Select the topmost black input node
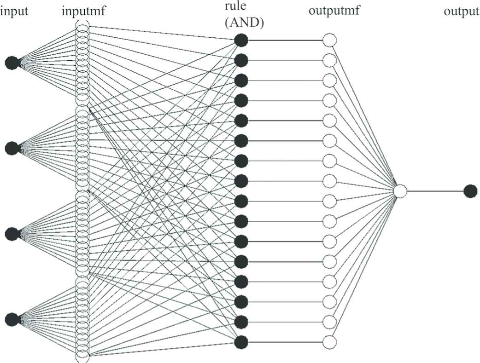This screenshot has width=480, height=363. point(12,63)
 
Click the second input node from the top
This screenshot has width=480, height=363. point(12,148)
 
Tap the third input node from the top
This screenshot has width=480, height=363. point(12,234)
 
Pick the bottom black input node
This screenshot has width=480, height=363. point(12,318)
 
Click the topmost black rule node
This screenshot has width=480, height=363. point(241,40)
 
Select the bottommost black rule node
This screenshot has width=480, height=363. point(241,342)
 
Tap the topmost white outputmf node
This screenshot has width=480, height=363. point(329,40)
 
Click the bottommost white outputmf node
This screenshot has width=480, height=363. point(329,342)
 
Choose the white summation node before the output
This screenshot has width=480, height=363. point(401,190)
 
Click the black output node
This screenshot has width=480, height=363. point(470,190)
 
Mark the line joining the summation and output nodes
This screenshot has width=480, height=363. point(435,190)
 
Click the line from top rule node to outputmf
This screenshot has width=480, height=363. point(286,40)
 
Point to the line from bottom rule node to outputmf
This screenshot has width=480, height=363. point(286,342)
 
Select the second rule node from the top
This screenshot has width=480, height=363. point(241,60)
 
